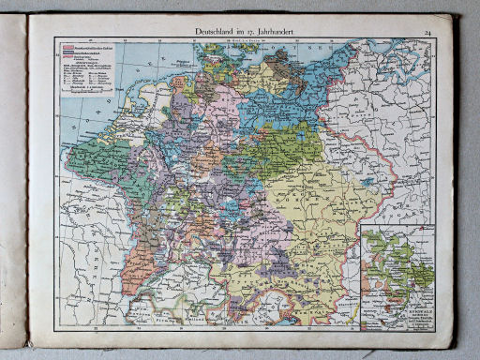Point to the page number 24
pyautogui.click(x=427, y=34)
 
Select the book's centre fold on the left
pyautogui.click(x=27, y=187)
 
